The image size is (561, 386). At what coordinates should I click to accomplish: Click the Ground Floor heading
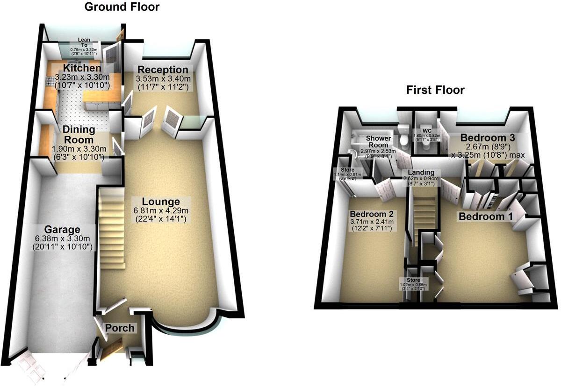click(122, 7)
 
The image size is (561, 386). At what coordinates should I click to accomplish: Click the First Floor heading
click(435, 90)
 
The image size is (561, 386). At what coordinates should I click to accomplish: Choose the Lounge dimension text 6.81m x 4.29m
click(161, 211)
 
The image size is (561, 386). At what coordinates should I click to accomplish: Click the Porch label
click(120, 328)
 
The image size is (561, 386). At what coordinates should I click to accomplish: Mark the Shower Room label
click(377, 141)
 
